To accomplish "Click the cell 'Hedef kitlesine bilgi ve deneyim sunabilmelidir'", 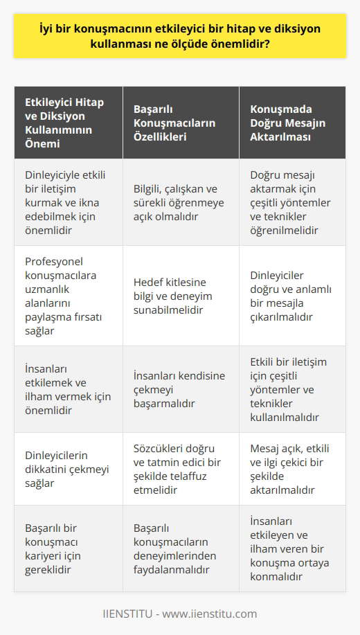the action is coord(180,296).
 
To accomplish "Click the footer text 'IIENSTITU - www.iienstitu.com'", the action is coord(180,614).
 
